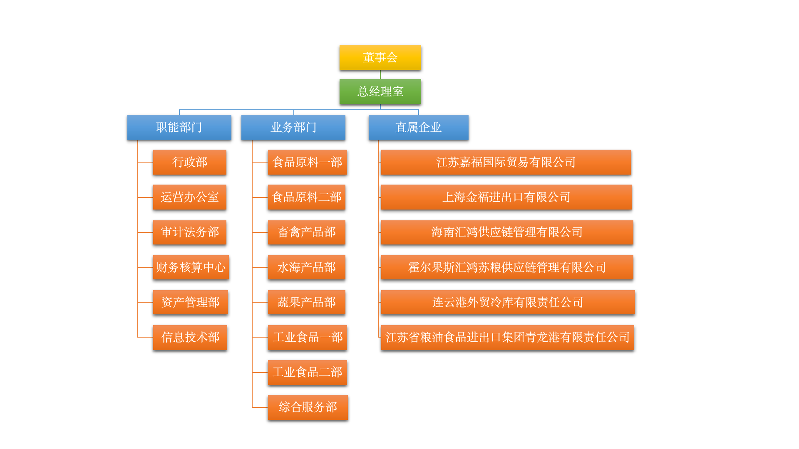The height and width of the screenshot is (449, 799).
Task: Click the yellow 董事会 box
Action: (380, 57)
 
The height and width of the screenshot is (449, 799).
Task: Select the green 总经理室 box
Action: (380, 91)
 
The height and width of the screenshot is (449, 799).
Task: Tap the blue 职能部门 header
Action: (179, 127)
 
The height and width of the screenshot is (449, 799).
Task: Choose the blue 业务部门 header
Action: (293, 127)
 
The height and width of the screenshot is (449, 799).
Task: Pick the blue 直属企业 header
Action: (418, 127)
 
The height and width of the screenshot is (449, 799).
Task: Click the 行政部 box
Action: (189, 162)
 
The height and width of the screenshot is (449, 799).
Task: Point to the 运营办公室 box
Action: (189, 197)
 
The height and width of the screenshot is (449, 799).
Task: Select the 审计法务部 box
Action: (189, 232)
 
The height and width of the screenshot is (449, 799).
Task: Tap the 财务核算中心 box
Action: (191, 267)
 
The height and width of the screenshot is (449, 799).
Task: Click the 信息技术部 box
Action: (190, 337)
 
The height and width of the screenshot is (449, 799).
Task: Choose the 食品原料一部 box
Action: (307, 162)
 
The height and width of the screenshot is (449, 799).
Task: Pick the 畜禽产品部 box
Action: (306, 232)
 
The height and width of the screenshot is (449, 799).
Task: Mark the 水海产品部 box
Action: (306, 267)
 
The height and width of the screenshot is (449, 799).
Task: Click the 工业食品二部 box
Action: (307, 372)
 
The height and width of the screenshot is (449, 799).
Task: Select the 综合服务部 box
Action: (308, 407)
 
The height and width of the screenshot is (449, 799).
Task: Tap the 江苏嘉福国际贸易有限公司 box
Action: (506, 162)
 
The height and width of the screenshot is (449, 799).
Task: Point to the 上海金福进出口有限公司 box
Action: (506, 197)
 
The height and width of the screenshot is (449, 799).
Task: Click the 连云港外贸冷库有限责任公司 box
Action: (508, 302)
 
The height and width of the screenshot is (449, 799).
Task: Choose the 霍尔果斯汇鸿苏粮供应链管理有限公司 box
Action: (507, 267)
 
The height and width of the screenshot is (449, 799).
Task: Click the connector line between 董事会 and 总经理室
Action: (380, 74)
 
